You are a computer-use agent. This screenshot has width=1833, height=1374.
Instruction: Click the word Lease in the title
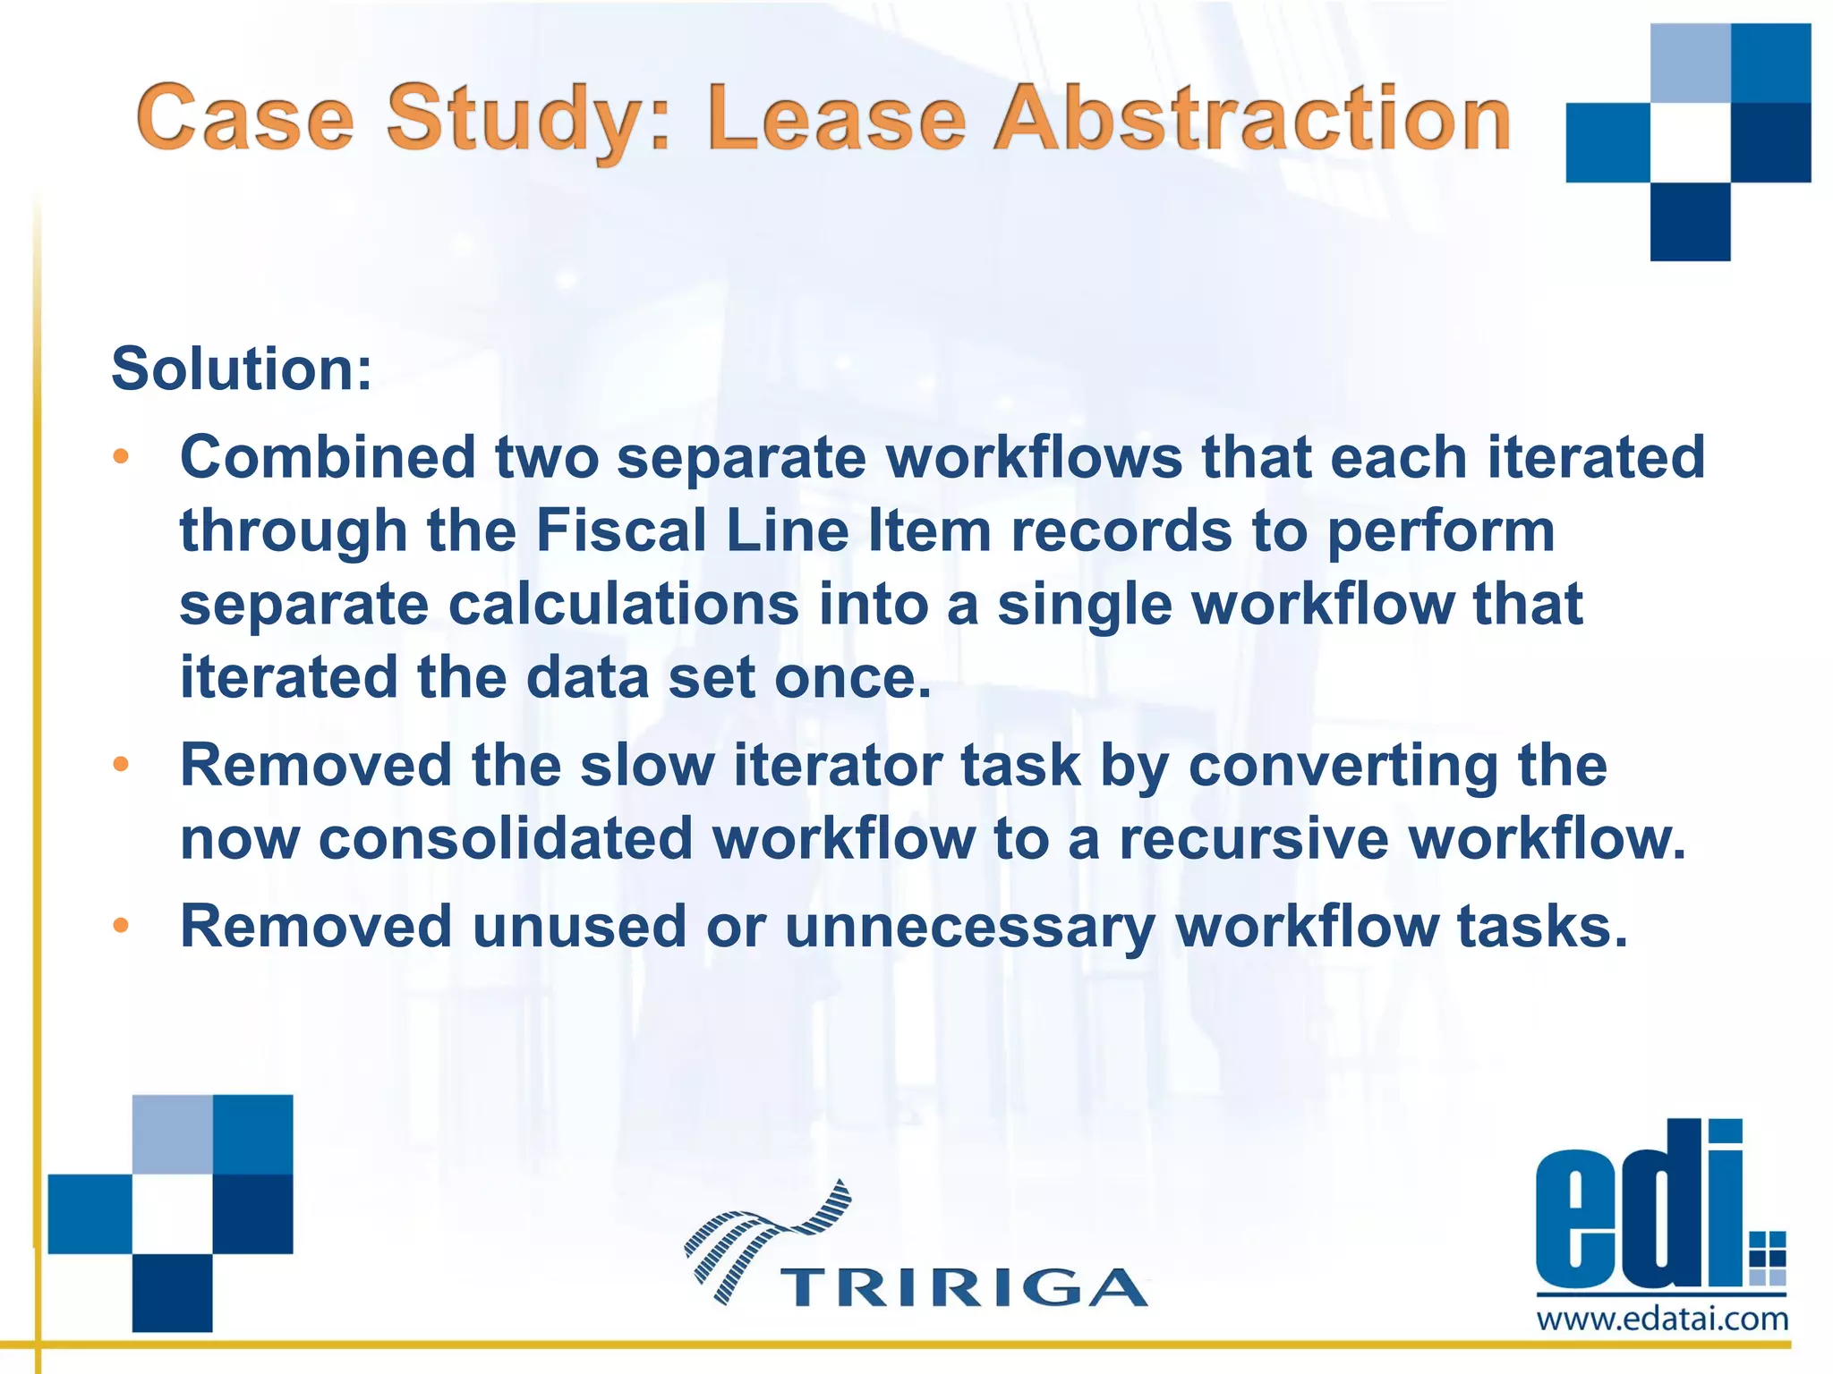837,119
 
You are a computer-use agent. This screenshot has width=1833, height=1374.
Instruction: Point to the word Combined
328,457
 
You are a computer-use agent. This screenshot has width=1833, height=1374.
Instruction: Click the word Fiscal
621,530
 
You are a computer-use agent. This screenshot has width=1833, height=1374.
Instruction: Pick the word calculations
623,605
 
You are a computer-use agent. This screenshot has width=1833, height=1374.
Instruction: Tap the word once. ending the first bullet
853,677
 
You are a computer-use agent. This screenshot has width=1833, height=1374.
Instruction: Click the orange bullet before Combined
121,457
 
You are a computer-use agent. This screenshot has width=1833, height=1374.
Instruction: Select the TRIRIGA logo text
964,1288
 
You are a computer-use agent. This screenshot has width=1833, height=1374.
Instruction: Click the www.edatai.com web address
1662,1319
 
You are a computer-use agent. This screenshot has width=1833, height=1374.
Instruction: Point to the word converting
1397,768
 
